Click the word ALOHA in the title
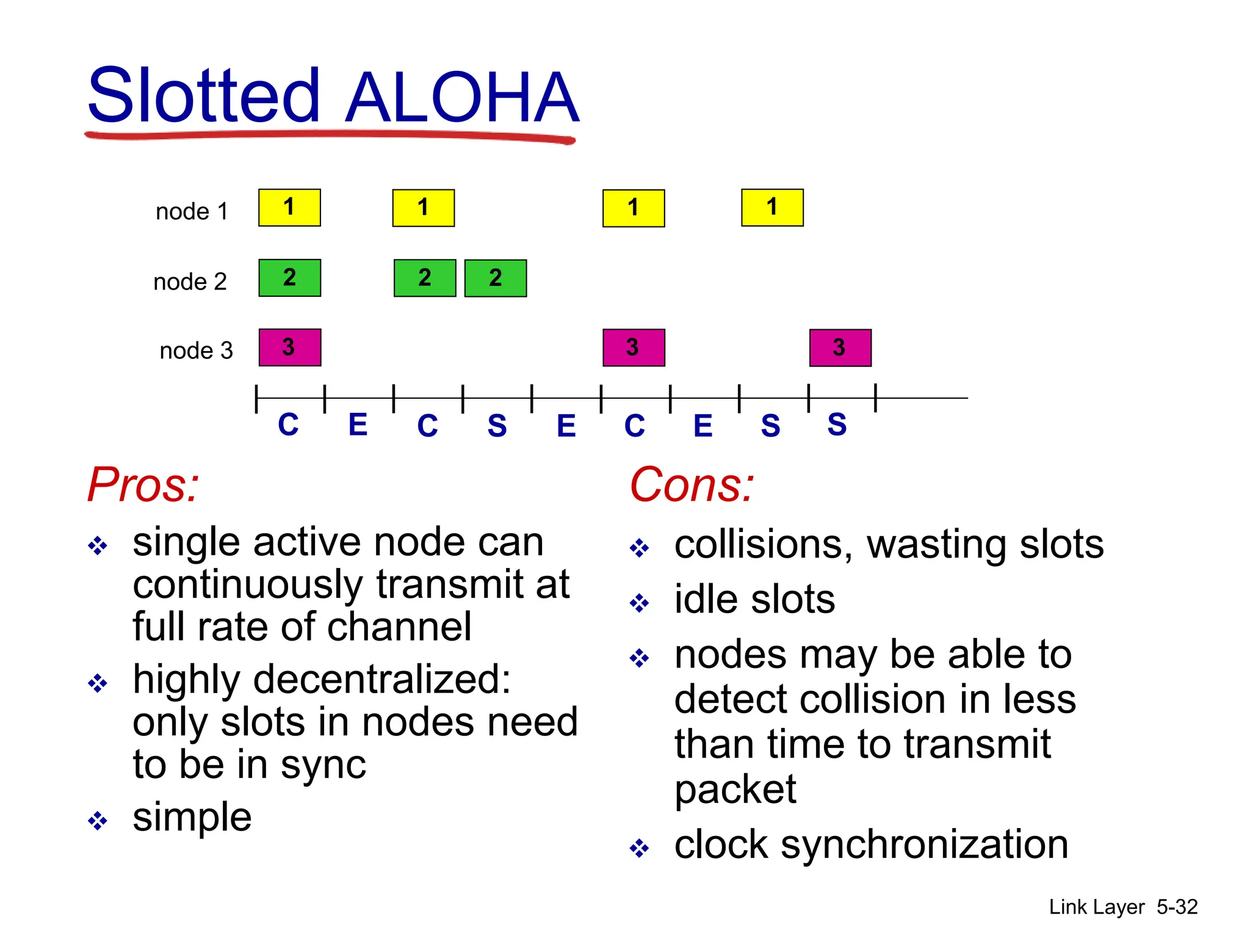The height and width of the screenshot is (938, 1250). click(461, 98)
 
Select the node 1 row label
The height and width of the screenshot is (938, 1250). click(192, 211)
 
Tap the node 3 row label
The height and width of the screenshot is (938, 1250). click(196, 351)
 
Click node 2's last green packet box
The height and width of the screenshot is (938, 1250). click(495, 278)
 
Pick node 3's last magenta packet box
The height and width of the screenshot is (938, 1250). click(840, 347)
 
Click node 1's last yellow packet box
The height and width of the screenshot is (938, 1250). click(772, 208)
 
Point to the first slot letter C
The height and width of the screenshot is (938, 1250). click(288, 424)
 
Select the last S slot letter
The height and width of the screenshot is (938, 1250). click(837, 424)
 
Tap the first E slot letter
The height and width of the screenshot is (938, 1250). click(358, 424)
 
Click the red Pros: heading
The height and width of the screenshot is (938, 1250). click(143, 484)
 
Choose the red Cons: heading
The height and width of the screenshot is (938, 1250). click(692, 484)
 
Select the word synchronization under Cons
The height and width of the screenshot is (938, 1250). click(924, 845)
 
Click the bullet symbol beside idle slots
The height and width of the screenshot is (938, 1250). click(639, 603)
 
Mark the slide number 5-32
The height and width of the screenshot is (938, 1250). click(1177, 907)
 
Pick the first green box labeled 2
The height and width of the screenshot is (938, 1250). click(289, 278)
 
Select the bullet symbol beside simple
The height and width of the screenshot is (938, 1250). click(98, 820)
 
